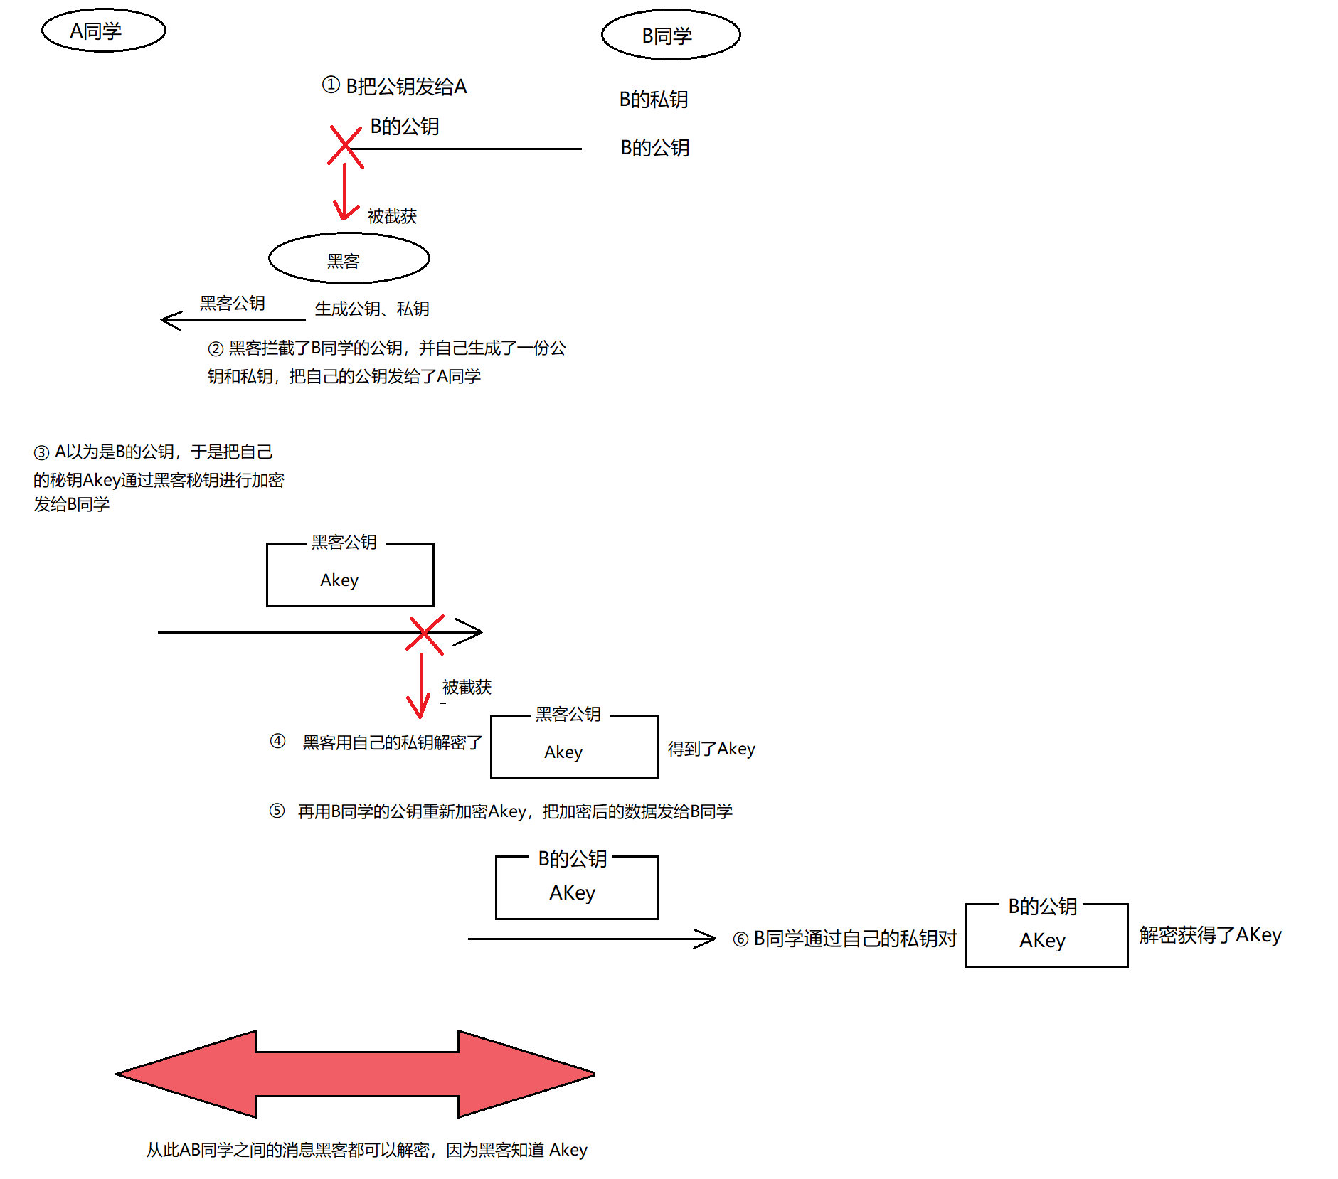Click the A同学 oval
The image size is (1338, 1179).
pyautogui.click(x=104, y=31)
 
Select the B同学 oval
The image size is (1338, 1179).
pyautogui.click(x=671, y=35)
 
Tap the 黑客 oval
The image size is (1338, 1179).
pyautogui.click(x=349, y=259)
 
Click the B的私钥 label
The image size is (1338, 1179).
pyautogui.click(x=654, y=100)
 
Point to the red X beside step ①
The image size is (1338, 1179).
pyautogui.click(x=346, y=147)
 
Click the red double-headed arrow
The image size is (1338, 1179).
pyautogui.click(x=355, y=1074)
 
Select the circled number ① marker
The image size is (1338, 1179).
pyautogui.click(x=331, y=85)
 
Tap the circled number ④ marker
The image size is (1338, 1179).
pyautogui.click(x=277, y=741)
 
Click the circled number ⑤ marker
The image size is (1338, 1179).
pyautogui.click(x=277, y=811)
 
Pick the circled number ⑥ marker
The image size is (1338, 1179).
pyautogui.click(x=740, y=939)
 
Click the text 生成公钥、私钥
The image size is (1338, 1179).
pyautogui.click(x=372, y=309)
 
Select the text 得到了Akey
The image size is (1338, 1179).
pyautogui.click(x=711, y=749)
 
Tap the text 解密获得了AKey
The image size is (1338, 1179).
pyautogui.click(x=1210, y=935)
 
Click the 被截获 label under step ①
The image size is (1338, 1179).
pyautogui.click(x=392, y=216)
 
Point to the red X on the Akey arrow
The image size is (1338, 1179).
pyautogui.click(x=425, y=634)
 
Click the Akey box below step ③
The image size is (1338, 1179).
pyautogui.click(x=350, y=575)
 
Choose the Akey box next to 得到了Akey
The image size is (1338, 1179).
pyautogui.click(x=574, y=747)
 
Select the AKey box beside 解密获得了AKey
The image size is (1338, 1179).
pyautogui.click(x=1046, y=936)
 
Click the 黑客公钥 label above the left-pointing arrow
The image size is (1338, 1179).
pyautogui.click(x=232, y=304)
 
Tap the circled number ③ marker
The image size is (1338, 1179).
pyautogui.click(x=41, y=452)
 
